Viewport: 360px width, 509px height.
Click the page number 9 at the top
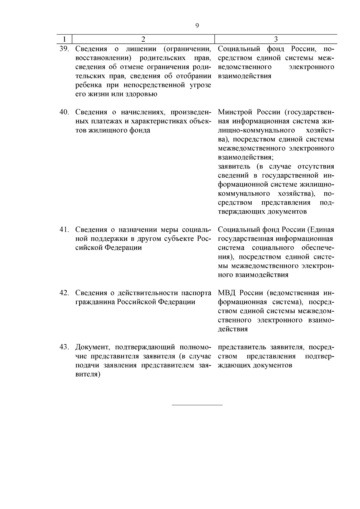pyautogui.click(x=197, y=25)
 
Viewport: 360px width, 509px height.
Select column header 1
pyautogui.click(x=64, y=39)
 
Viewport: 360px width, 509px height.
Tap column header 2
pyautogui.click(x=143, y=39)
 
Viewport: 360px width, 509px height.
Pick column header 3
pyautogui.click(x=276, y=39)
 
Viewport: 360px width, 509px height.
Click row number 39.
pyautogui.click(x=64, y=49)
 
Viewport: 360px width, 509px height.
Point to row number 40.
pyautogui.click(x=64, y=112)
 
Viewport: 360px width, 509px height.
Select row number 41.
pyautogui.click(x=64, y=230)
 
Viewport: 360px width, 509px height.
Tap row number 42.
pyautogui.click(x=64, y=293)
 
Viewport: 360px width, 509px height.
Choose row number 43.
pyautogui.click(x=64, y=347)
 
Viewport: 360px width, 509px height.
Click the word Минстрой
pyautogui.click(x=235, y=112)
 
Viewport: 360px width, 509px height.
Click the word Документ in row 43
pyautogui.click(x=93, y=347)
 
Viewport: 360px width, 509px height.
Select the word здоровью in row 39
pyautogui.click(x=143, y=94)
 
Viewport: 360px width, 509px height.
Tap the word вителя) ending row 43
pyautogui.click(x=88, y=375)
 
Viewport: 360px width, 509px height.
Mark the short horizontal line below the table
pyautogui.click(x=197, y=405)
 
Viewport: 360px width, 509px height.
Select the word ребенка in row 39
pyautogui.click(x=89, y=85)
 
